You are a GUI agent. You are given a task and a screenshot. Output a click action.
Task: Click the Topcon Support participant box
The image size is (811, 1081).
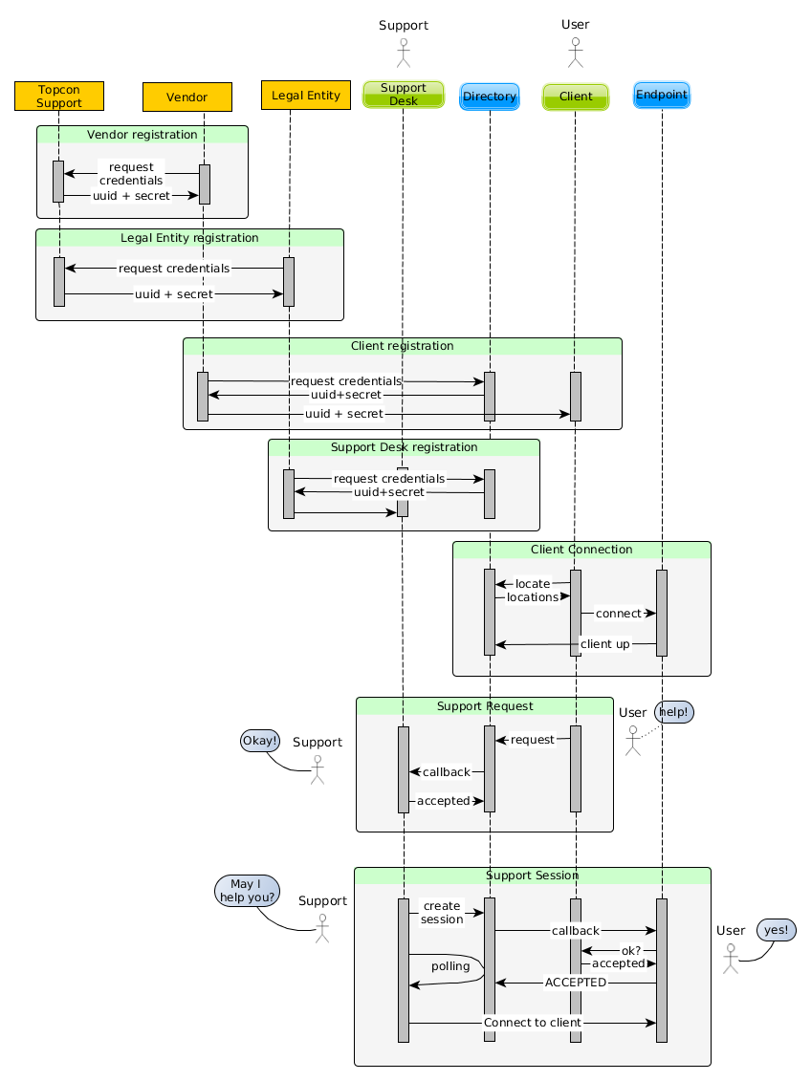point(59,96)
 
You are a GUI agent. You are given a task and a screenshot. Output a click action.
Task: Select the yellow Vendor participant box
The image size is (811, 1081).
point(186,97)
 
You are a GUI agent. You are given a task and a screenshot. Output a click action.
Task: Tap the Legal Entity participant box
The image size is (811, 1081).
point(306,96)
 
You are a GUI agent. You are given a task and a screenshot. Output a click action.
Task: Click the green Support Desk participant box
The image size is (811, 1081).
point(404,95)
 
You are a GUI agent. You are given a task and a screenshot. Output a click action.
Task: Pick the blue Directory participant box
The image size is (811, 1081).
point(490,97)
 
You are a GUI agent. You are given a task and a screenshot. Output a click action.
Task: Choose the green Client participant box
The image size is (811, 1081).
point(576,97)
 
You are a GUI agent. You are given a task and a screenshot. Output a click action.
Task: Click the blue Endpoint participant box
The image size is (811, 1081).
point(661,95)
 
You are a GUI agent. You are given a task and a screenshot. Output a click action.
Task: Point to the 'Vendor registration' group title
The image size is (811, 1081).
point(142,135)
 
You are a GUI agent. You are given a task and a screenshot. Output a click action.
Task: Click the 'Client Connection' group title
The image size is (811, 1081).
point(581,550)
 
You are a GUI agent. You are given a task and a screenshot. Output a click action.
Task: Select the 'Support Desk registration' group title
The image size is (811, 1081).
point(404,447)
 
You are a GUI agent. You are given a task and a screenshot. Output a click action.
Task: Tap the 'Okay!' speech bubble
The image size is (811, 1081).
point(260,741)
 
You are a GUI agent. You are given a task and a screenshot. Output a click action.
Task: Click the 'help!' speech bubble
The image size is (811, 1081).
point(674,712)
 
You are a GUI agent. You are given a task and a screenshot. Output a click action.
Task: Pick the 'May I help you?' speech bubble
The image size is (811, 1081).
point(248,891)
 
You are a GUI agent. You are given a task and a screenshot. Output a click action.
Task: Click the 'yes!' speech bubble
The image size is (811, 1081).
point(776,930)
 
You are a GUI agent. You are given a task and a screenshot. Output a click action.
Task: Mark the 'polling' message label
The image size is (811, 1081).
point(450,966)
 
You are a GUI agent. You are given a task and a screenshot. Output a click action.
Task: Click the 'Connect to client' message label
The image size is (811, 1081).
point(533,1023)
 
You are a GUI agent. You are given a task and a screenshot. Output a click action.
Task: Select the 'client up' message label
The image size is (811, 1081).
point(604,644)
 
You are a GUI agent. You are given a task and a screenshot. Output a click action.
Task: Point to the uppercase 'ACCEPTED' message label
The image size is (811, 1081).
point(575,983)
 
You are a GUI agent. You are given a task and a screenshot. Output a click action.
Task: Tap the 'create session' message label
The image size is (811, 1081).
point(442,913)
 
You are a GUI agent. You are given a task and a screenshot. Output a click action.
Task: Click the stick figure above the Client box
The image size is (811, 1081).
point(575,53)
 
